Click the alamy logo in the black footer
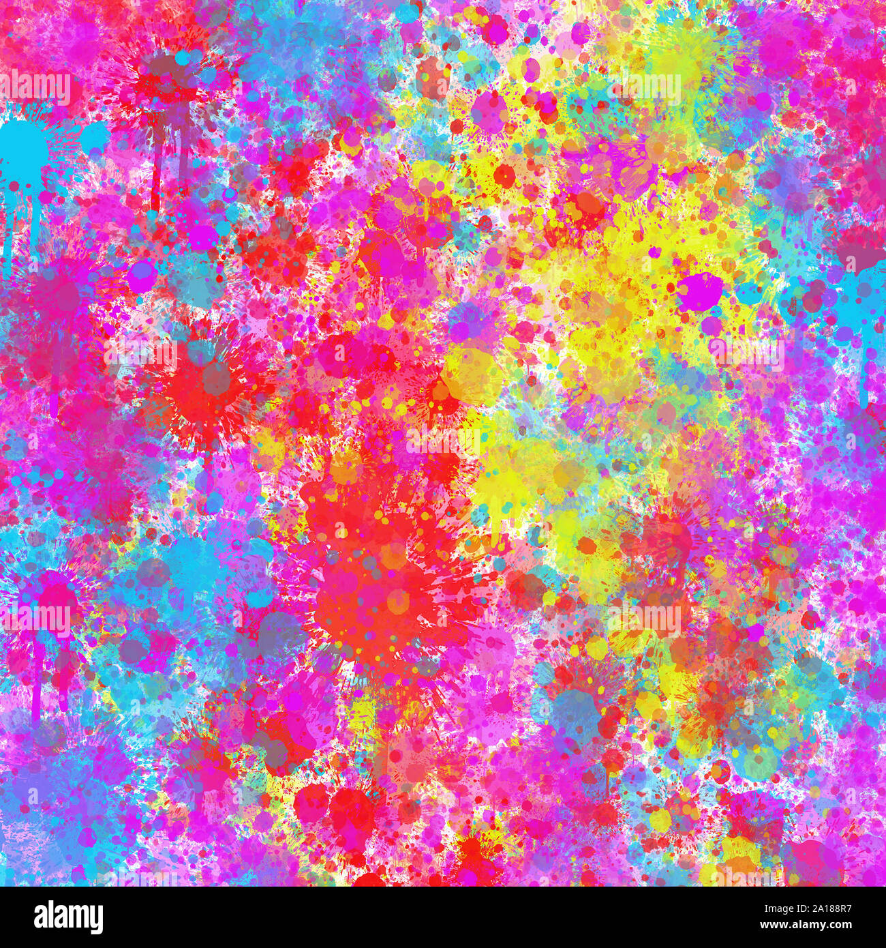point(59,917)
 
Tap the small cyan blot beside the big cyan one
point(94,136)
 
